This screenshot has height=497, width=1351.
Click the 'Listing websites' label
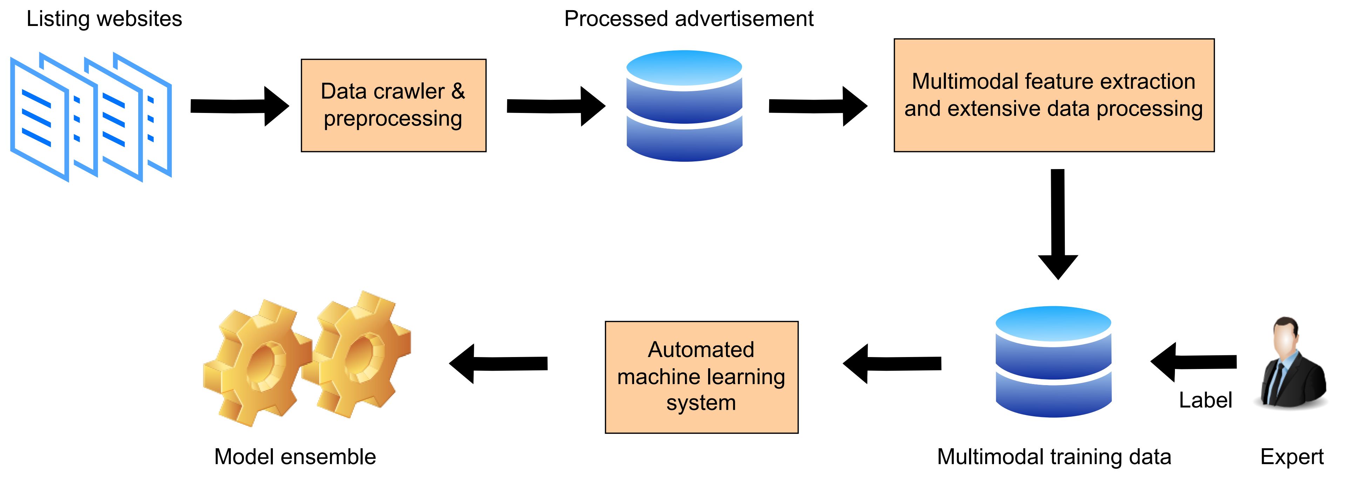pos(105,19)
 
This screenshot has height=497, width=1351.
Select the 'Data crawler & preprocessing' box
pos(394,105)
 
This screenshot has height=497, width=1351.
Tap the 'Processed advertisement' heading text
pos(688,19)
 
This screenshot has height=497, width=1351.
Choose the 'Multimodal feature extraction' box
pos(1054,95)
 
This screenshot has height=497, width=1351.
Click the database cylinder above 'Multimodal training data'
pos(1053,362)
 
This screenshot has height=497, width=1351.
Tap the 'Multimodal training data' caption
pos(1054,457)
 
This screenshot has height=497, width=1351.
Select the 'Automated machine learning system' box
pos(701,377)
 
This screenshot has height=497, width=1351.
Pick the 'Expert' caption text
pos(1292,457)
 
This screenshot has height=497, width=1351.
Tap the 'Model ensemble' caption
pos(295,457)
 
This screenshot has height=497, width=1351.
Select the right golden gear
pos(359,354)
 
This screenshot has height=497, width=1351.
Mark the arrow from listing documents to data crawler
pos(238,106)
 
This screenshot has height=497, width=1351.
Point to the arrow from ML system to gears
pos(498,363)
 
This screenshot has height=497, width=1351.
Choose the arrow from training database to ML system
pos(892,363)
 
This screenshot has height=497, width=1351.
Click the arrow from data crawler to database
pos(556,106)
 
